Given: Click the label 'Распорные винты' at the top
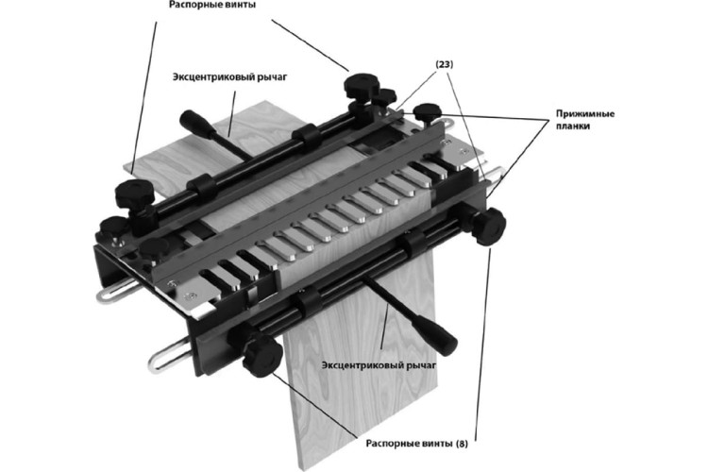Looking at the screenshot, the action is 212,5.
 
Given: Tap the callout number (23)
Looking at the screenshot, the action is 444,64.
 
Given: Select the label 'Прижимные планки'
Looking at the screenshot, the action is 584,120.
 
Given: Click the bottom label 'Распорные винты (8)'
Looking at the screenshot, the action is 416,444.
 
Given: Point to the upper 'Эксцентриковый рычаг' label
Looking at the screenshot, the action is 229,76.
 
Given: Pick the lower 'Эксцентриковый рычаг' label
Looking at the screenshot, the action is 379,365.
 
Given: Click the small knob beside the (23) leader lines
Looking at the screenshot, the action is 427,111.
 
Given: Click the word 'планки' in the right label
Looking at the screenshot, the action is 572,126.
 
